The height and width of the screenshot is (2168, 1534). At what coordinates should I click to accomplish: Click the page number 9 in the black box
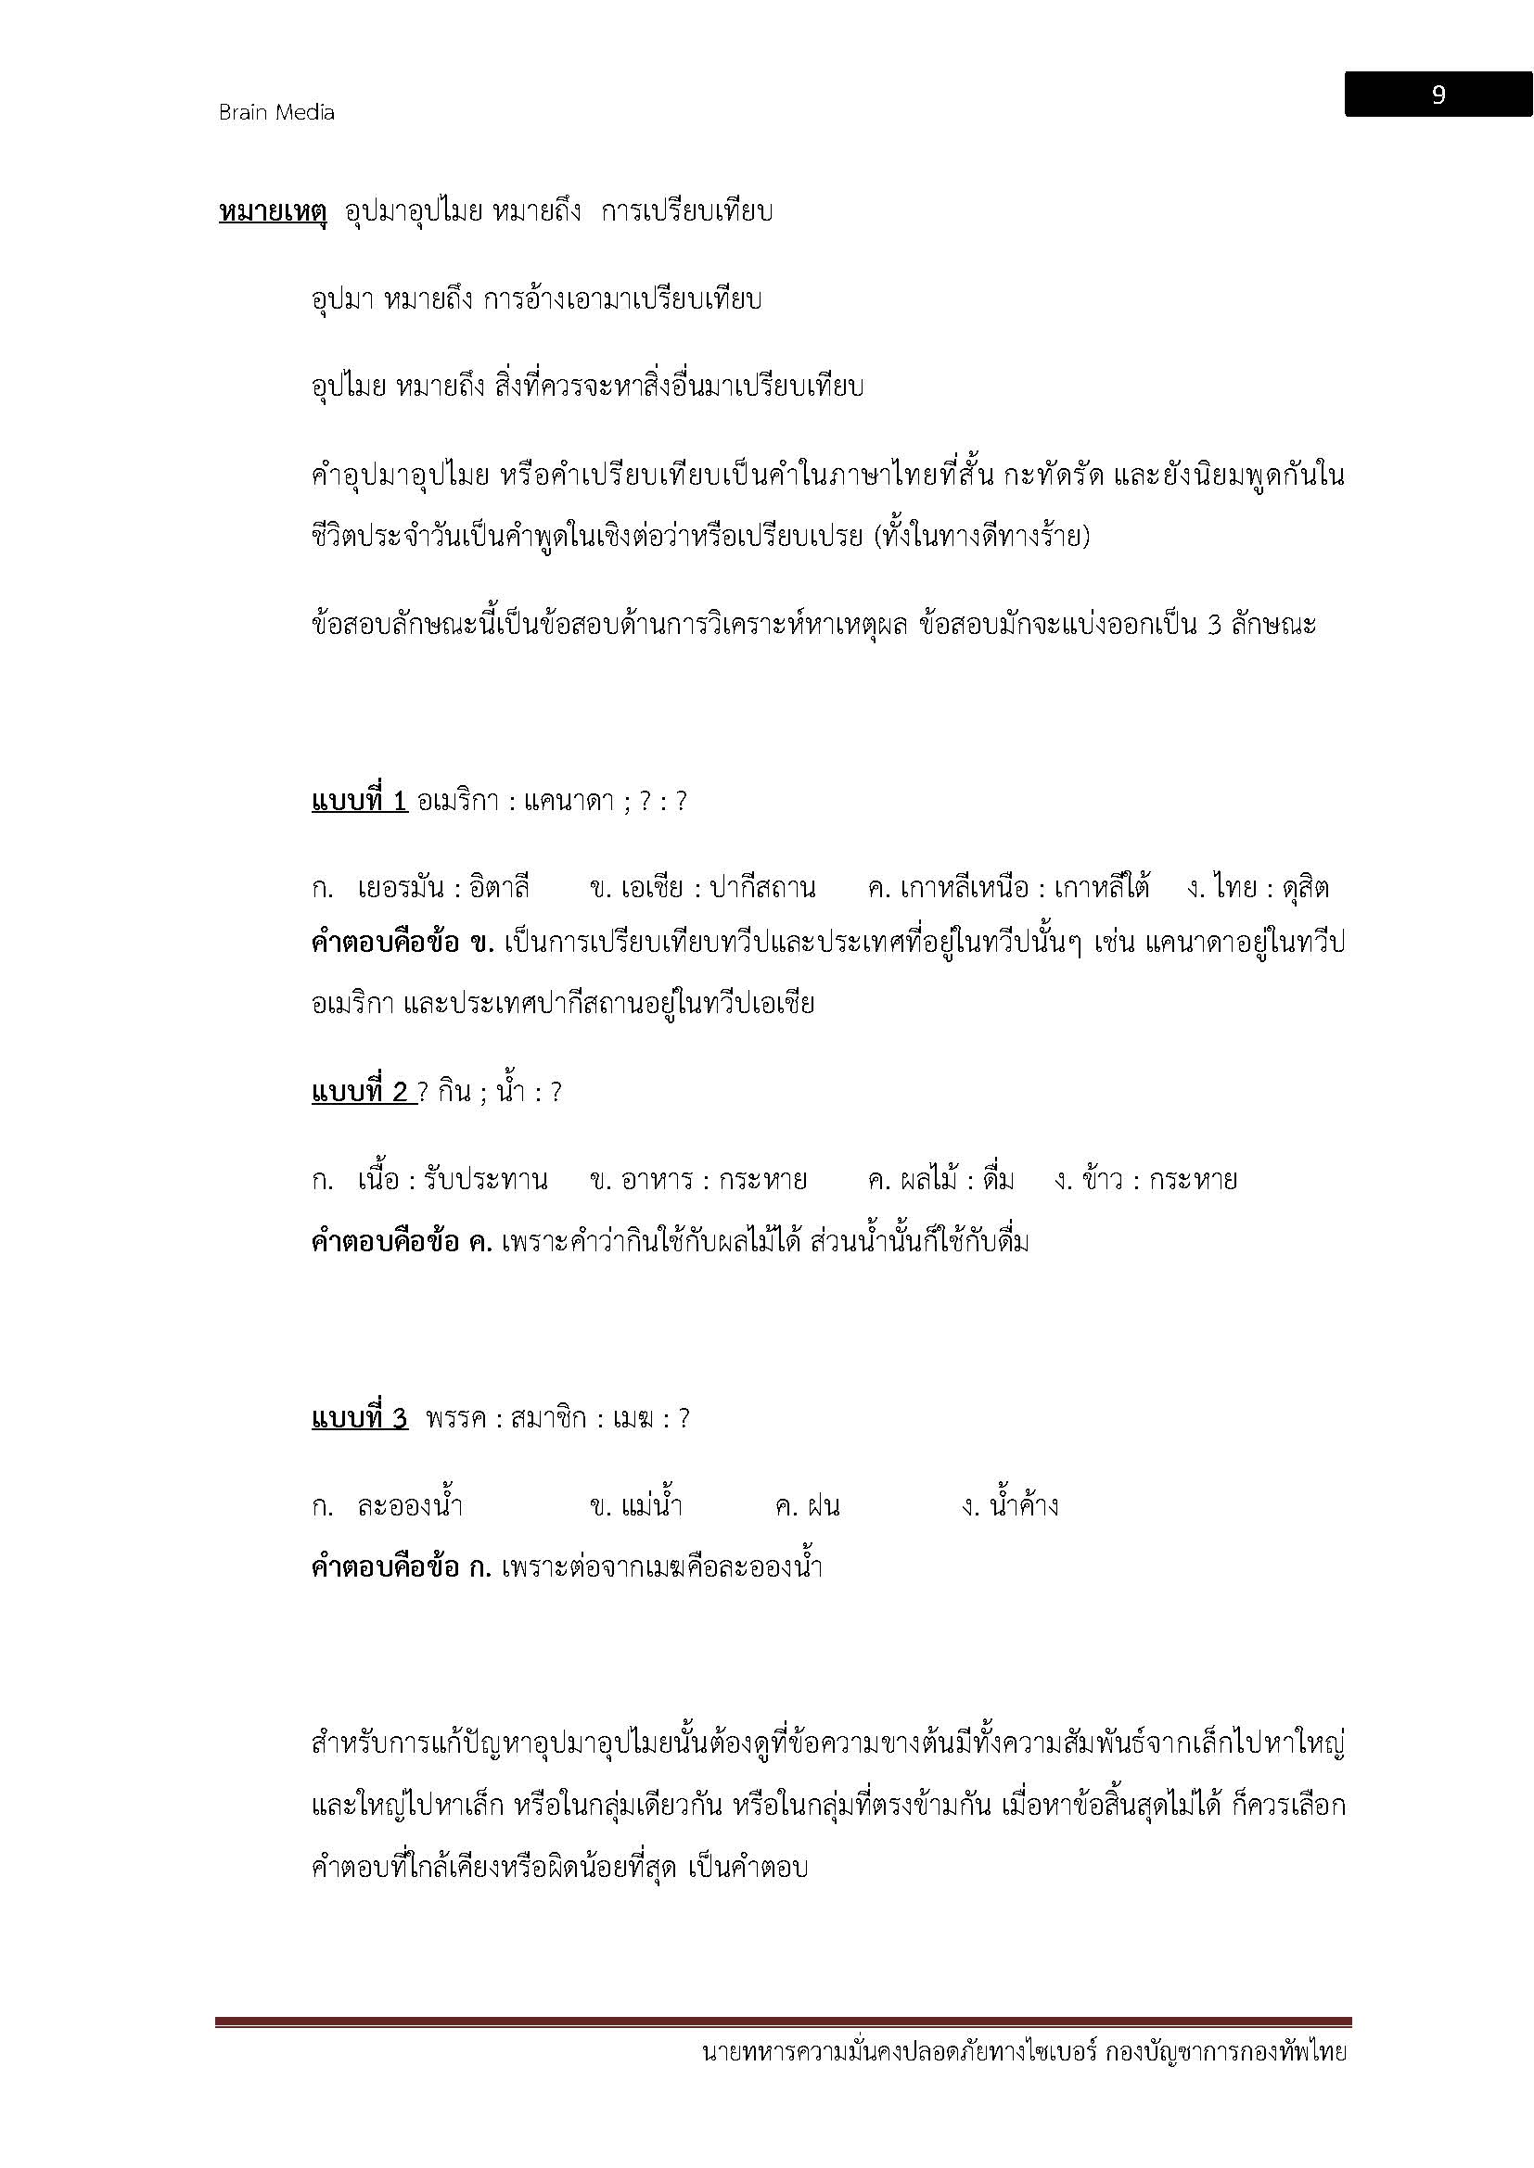[x=1438, y=95]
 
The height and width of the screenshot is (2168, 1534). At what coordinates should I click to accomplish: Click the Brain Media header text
[x=276, y=112]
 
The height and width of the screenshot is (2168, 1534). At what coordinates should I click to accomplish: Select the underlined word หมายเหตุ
[x=272, y=211]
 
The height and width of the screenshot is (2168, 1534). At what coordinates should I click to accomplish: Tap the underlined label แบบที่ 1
[x=359, y=802]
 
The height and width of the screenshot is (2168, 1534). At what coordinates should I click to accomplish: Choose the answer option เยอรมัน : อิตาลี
[x=443, y=888]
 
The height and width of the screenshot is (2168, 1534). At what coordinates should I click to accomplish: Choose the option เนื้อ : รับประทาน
[x=453, y=1179]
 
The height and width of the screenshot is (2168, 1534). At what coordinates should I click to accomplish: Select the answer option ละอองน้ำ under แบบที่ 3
[x=410, y=1505]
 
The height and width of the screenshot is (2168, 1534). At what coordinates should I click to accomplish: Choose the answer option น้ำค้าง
[x=1024, y=1505]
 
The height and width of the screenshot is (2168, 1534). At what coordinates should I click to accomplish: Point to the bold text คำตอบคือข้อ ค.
[x=402, y=1241]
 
